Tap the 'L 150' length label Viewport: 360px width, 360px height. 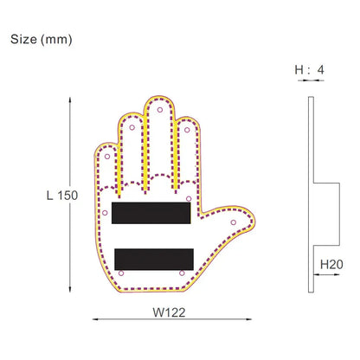[61, 195]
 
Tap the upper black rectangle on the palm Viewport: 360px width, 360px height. [152, 213]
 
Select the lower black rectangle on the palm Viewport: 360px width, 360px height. [152, 257]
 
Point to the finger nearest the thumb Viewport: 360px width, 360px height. [185, 147]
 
